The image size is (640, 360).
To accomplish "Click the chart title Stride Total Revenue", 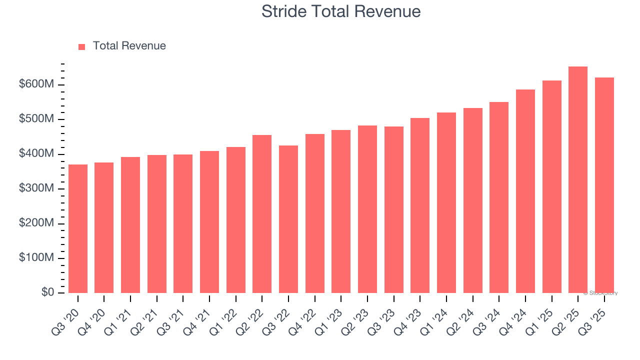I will (x=340, y=11).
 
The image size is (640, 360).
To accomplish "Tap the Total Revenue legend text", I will (x=129, y=46).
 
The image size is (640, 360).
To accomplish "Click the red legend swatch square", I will (x=82, y=46).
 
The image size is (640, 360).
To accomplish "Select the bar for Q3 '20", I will (x=78, y=228).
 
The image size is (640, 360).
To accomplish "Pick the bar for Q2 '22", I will (x=262, y=213).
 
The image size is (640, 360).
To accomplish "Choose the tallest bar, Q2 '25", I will (x=578, y=179).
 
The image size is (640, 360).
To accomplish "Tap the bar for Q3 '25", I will (x=604, y=185).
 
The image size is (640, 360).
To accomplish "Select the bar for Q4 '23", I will (x=420, y=205).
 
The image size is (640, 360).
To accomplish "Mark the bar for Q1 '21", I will (x=130, y=224).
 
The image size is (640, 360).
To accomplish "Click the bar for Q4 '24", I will (x=525, y=191).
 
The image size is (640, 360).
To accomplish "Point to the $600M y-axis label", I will (x=36, y=84).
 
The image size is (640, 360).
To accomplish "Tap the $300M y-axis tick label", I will (x=36, y=188).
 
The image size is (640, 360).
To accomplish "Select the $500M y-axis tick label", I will (x=36, y=119).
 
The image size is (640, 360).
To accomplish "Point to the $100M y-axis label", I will (x=36, y=258).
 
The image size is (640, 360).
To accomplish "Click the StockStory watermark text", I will (x=600, y=293).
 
